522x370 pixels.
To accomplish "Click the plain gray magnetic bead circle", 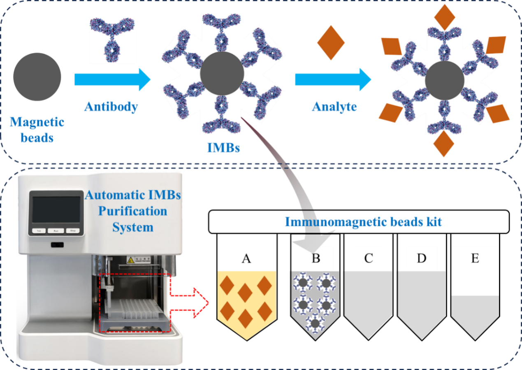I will [37, 77].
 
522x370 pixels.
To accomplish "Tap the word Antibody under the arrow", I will [111, 107].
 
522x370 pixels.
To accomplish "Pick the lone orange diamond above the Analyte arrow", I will [331, 42].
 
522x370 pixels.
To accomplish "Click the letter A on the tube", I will [246, 258].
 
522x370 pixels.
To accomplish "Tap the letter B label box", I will [316, 258].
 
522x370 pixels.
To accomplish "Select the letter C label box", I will [369, 258].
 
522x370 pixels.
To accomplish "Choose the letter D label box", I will [421, 258].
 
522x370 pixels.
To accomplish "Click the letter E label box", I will [475, 258].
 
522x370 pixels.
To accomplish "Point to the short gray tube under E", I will [475, 315].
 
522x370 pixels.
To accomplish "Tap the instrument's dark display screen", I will [56, 209].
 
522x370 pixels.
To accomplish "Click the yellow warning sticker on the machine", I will [131, 260].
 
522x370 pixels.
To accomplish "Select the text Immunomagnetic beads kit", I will [363, 222].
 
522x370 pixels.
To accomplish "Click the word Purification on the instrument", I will [132, 211].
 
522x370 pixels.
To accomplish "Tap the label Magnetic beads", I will [37, 129].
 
